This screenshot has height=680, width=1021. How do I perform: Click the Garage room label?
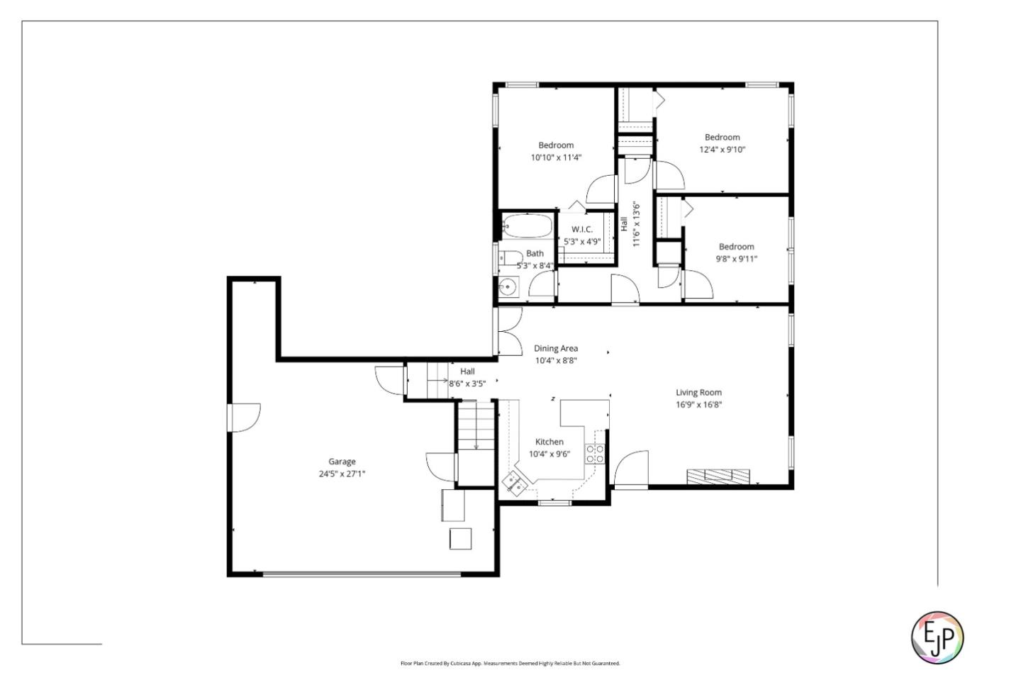[x=342, y=462]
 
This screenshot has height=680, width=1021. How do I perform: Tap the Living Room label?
[x=698, y=392]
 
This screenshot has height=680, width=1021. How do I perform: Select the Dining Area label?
[x=555, y=348]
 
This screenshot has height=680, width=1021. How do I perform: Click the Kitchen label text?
[x=549, y=442]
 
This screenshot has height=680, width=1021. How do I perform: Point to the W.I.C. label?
[x=581, y=229]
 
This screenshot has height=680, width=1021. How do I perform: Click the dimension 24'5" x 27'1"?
[x=342, y=474]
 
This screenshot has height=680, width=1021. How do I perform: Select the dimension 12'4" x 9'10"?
[x=722, y=150]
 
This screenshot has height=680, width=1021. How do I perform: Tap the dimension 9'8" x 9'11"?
[x=736, y=259]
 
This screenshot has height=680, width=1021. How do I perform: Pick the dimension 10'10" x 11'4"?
[x=556, y=157]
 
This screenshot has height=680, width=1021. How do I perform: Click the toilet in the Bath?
[x=510, y=257]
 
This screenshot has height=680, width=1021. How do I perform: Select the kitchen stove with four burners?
[x=594, y=454]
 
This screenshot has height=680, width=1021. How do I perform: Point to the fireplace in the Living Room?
[x=718, y=476]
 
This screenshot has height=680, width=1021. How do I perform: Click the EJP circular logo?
[x=937, y=637]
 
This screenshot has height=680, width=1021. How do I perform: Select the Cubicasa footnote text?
[x=510, y=664]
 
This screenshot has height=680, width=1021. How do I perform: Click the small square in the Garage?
[x=460, y=539]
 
